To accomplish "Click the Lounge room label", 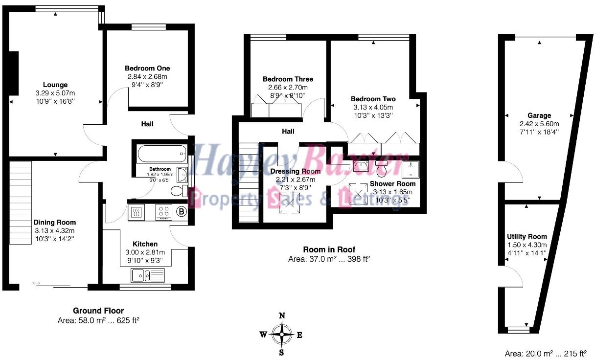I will click(x=55, y=85).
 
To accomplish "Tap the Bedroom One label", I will click(x=147, y=68).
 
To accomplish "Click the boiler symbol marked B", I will click(x=182, y=212).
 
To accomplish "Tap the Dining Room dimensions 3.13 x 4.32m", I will click(x=54, y=231).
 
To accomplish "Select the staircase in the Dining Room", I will click(x=20, y=203).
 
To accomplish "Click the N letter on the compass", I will click(x=281, y=316).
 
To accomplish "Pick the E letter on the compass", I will click(x=299, y=335).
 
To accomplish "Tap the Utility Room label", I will click(x=526, y=237).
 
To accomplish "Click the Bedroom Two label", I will click(x=374, y=99).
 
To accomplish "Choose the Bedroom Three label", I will click(x=288, y=79).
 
